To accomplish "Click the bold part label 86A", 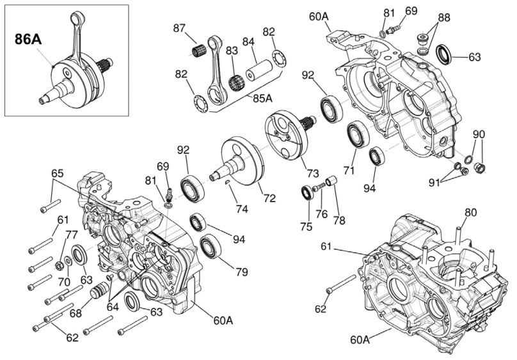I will (x=28, y=39).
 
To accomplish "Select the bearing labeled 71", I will (x=356, y=136).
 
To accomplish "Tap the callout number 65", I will (x=58, y=173).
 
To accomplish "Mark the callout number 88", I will (x=443, y=17).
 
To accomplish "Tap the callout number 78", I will (x=338, y=219).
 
